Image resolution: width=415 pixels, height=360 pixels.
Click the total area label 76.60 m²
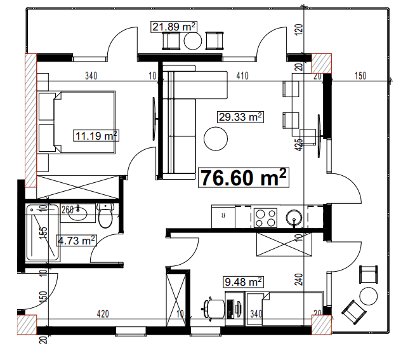(x=244, y=178)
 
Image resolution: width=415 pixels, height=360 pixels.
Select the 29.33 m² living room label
(x=240, y=117)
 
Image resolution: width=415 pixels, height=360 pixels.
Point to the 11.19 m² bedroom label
(x=96, y=135)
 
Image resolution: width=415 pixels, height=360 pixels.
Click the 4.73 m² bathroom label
(x=77, y=240)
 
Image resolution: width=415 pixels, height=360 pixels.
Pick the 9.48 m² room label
(x=244, y=281)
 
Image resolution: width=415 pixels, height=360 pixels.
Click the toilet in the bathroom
(x=106, y=217)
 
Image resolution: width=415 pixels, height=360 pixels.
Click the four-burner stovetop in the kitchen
(x=266, y=218)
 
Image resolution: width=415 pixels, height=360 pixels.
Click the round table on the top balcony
(x=193, y=41)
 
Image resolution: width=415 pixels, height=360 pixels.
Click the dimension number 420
(x=103, y=313)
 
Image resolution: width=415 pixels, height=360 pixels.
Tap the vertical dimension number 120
(x=298, y=29)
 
